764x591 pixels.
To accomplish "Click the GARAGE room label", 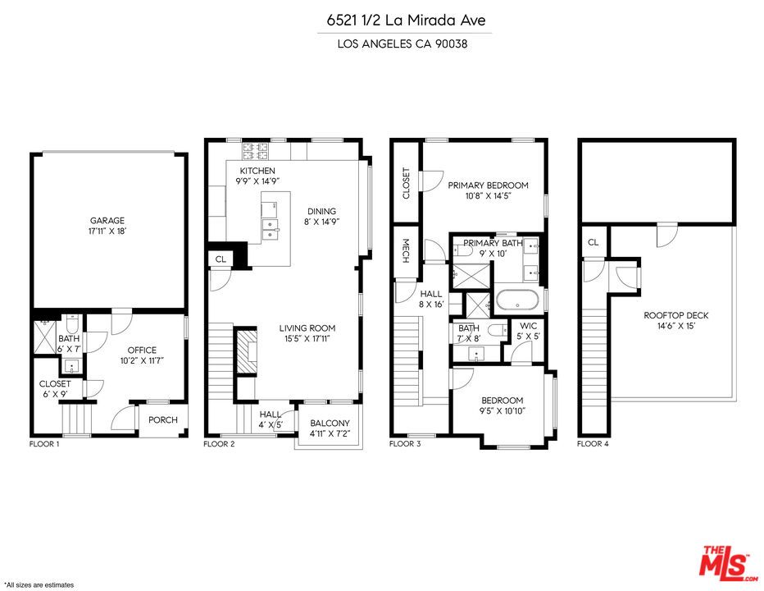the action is point(107,221).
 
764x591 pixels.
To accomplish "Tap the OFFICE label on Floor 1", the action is point(142,350).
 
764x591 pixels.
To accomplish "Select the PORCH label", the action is point(163,419).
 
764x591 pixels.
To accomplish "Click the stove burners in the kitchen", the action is point(256,151).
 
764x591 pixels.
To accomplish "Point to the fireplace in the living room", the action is point(247,351).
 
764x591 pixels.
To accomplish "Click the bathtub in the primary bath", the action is point(517,300).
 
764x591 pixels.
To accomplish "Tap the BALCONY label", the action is point(330,423).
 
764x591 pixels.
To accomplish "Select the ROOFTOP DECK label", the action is point(675,315).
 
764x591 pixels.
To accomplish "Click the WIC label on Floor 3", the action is point(528,326).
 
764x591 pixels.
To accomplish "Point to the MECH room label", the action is point(406,251).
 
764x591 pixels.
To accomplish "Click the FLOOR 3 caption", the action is point(405,444).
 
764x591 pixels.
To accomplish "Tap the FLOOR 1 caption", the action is point(44,444).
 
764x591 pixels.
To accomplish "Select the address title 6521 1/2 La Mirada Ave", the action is point(406,20).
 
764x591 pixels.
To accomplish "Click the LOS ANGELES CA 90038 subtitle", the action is point(402,44).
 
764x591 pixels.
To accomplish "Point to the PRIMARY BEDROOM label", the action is point(489,186).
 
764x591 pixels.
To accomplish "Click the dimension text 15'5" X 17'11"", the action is point(307,339).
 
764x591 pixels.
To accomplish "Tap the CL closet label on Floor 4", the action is point(593,242).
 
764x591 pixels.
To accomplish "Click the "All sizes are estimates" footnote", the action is point(39,584).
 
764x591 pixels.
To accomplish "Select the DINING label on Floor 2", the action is point(321,211).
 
